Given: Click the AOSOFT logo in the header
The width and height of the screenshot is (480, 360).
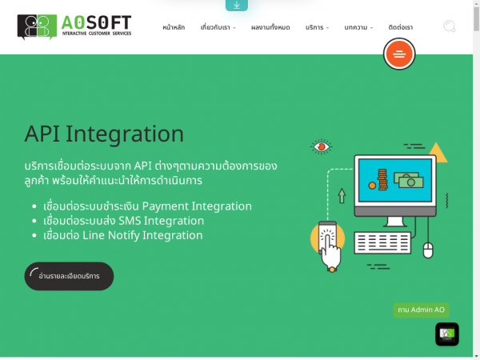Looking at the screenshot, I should [x=74, y=26].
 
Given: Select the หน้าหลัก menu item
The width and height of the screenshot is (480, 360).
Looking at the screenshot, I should [x=174, y=28].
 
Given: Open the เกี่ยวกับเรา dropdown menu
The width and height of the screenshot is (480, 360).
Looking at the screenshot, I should [x=218, y=28].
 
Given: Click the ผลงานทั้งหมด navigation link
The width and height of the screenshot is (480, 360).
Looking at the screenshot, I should [x=270, y=28].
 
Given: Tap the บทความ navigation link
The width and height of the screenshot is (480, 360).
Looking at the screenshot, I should [x=358, y=28].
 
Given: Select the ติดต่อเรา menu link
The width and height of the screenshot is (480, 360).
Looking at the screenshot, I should [x=401, y=28].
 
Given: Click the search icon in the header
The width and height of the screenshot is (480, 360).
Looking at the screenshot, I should [x=450, y=27].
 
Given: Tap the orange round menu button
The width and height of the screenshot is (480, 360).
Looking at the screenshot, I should [x=399, y=54].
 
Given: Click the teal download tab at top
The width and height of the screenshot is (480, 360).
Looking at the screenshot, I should [x=237, y=5].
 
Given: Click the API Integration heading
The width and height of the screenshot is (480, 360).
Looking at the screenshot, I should [x=104, y=134].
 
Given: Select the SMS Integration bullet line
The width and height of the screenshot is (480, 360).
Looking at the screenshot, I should [x=124, y=221].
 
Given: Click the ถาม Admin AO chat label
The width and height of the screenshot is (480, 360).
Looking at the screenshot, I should [x=421, y=310].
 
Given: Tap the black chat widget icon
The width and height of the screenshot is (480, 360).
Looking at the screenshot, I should [x=447, y=334].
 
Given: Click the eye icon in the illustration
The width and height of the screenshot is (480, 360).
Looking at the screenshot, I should [x=322, y=146].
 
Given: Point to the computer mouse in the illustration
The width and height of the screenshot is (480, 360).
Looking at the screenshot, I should [x=427, y=250].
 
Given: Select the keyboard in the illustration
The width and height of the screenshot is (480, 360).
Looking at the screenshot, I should [x=382, y=242].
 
